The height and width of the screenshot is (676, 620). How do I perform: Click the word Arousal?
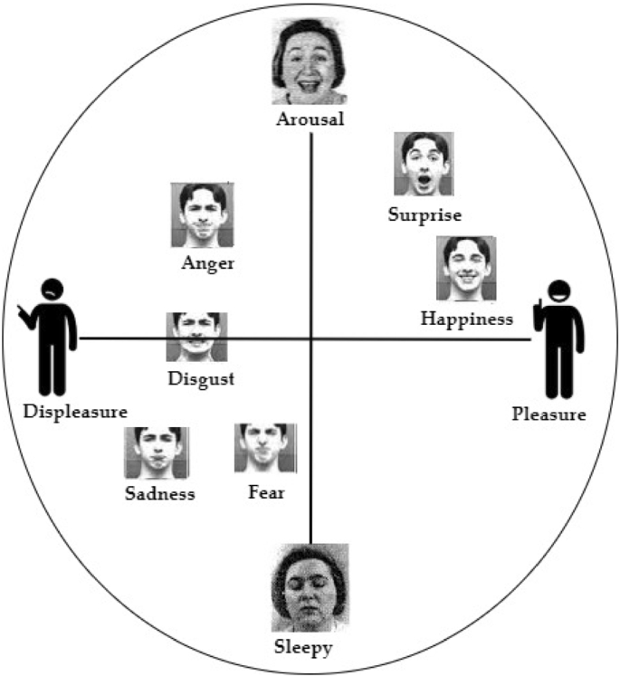point(312,119)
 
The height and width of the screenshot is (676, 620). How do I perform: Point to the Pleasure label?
point(548,415)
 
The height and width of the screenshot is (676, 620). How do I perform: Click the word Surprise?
point(424,214)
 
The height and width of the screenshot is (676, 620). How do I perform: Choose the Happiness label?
point(467,318)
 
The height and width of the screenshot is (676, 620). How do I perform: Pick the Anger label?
point(207,264)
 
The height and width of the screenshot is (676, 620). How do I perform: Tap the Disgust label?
point(201,378)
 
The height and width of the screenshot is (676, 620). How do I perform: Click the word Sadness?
point(160,493)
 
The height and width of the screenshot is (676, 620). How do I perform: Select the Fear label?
point(266,493)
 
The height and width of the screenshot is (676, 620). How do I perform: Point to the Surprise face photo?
point(424,164)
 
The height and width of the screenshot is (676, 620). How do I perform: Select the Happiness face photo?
point(466,268)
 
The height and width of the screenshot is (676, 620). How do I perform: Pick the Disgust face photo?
point(196,337)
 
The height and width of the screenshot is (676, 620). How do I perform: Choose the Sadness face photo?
point(157,452)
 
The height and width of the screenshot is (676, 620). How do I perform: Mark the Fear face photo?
point(264,447)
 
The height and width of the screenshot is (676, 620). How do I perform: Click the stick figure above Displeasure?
point(50,335)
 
